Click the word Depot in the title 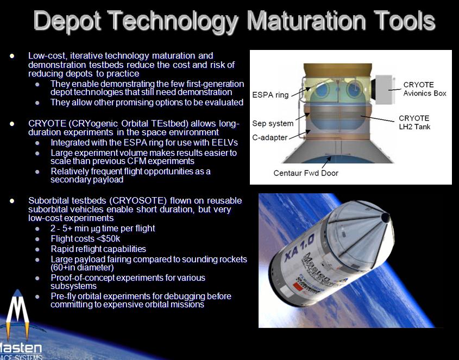point(67,21)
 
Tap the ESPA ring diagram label point(270,95)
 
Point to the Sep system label point(273,123)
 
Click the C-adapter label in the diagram point(269,137)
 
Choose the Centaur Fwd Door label point(306,173)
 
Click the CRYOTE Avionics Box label point(424,89)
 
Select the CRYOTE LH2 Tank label point(414,122)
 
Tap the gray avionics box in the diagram point(383,90)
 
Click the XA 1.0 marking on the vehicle point(299,248)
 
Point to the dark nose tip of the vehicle point(385,217)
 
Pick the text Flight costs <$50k point(85,238)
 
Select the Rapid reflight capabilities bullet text point(98,249)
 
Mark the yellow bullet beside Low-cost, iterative point(12,55)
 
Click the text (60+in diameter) point(82,267)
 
